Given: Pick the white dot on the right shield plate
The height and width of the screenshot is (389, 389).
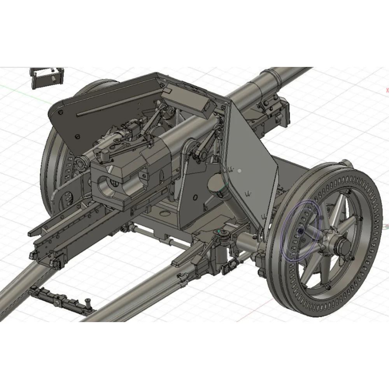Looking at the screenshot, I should (240, 170).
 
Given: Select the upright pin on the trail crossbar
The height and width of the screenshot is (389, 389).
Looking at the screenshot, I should (89, 301).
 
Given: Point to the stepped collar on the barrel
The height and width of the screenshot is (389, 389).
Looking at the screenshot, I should (268, 80).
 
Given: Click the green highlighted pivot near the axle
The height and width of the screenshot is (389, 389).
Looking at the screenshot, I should (223, 233).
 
